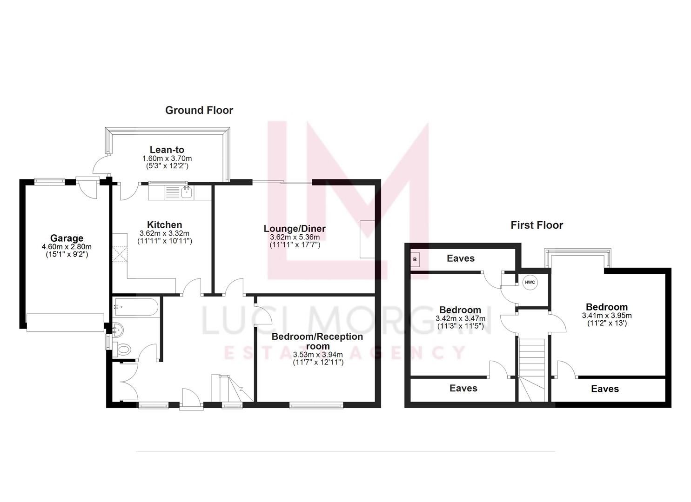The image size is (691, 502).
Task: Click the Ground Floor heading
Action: (x=199, y=110)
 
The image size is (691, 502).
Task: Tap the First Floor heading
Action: (x=537, y=225)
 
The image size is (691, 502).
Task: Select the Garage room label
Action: (x=67, y=238)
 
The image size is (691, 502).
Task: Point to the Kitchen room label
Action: (x=164, y=225)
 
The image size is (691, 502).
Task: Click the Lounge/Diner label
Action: (x=295, y=229)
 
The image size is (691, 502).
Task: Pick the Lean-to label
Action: (x=167, y=150)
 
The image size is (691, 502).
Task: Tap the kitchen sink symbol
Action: (x=187, y=192)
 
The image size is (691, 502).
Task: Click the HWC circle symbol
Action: (x=530, y=282)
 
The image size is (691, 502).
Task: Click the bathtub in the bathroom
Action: (x=135, y=306)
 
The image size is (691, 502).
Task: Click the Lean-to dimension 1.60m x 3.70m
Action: (x=167, y=159)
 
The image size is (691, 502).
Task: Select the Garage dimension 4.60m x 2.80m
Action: (x=67, y=247)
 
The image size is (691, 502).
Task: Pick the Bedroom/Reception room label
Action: (x=317, y=341)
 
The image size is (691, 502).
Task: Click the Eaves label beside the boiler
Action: (x=461, y=258)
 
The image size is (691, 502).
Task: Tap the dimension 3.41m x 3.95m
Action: (x=606, y=316)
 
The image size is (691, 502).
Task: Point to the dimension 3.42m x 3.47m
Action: (x=460, y=318)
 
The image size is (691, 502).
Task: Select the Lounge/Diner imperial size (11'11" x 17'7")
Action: (x=295, y=244)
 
